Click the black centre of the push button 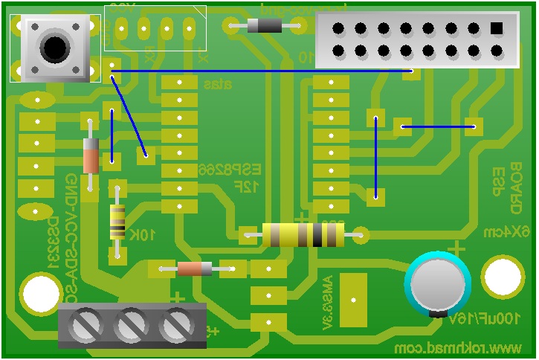(x=54, y=48)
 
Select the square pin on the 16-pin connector (x=497, y=28)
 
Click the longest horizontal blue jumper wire (x=260, y=71)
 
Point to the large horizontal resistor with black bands (x=303, y=236)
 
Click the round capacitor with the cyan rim (x=439, y=283)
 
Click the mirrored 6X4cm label (x=514, y=232)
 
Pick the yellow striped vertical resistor (x=117, y=222)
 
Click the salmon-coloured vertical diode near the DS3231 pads (x=91, y=156)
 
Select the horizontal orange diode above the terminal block (x=195, y=269)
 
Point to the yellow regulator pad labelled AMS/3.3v (x=353, y=298)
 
